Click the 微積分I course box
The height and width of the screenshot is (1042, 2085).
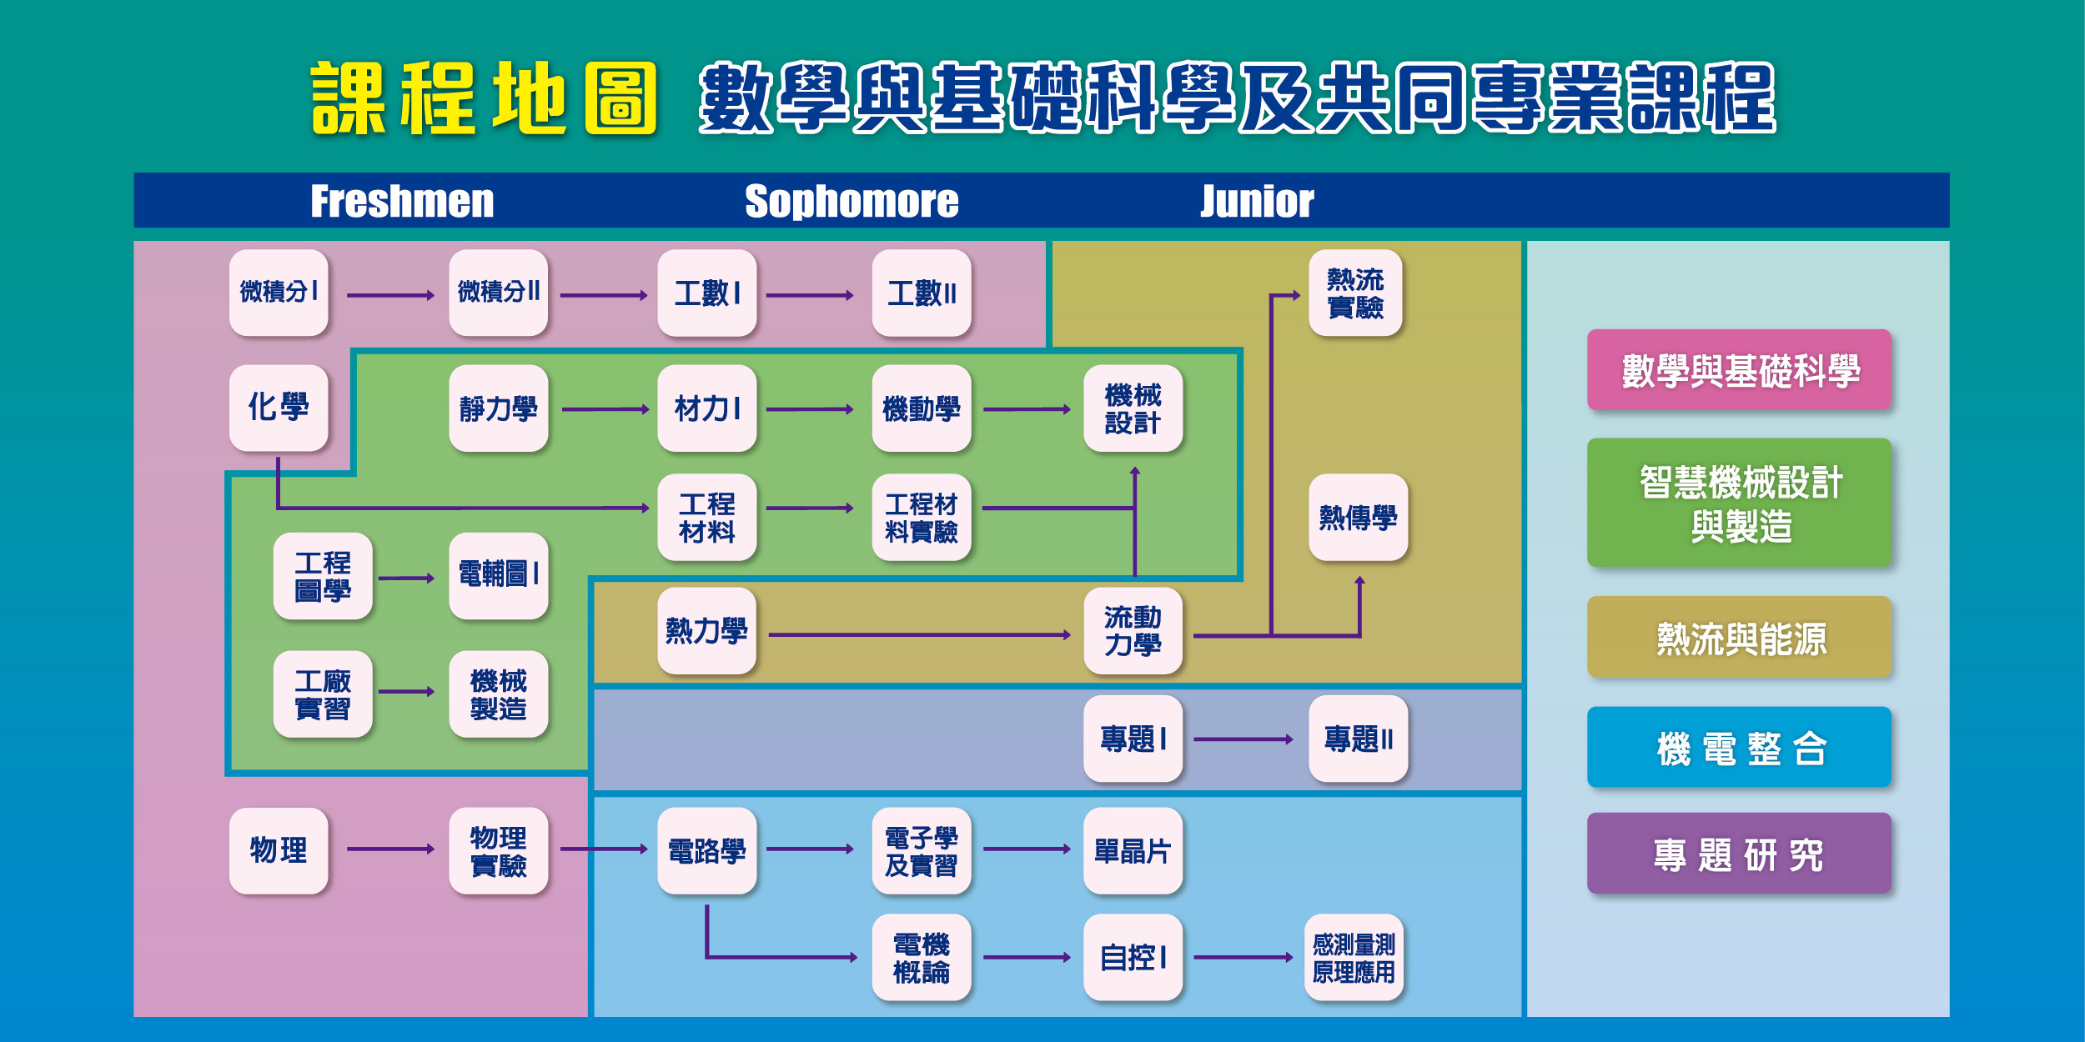tap(279, 293)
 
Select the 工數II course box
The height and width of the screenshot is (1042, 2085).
tap(922, 293)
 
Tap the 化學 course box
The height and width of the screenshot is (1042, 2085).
tap(279, 408)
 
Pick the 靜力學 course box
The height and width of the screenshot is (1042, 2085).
tap(498, 408)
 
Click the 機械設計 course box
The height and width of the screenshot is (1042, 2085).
tap(1133, 408)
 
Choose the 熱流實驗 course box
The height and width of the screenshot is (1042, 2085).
tap(1355, 293)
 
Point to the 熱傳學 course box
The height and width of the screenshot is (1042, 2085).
tap(1358, 517)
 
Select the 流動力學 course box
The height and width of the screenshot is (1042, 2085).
tap(1133, 630)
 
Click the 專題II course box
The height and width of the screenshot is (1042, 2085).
tap(1358, 739)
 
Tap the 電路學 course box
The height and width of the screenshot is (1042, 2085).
tap(706, 850)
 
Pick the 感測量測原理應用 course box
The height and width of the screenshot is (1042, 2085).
tap(1354, 957)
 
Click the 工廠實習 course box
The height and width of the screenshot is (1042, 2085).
tap(323, 694)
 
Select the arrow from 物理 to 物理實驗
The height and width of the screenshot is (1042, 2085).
tap(390, 849)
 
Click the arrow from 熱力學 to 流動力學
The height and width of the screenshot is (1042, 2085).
tap(919, 635)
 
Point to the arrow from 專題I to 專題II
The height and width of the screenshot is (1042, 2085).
tap(1243, 739)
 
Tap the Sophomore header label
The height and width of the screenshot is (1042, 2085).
tap(852, 201)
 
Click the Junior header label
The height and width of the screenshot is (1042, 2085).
tap(1257, 201)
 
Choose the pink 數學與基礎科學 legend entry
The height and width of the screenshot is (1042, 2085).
tap(1740, 369)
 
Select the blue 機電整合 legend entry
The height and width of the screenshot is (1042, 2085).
tap(1740, 747)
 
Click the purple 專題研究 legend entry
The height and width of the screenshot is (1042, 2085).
tap(1740, 854)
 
